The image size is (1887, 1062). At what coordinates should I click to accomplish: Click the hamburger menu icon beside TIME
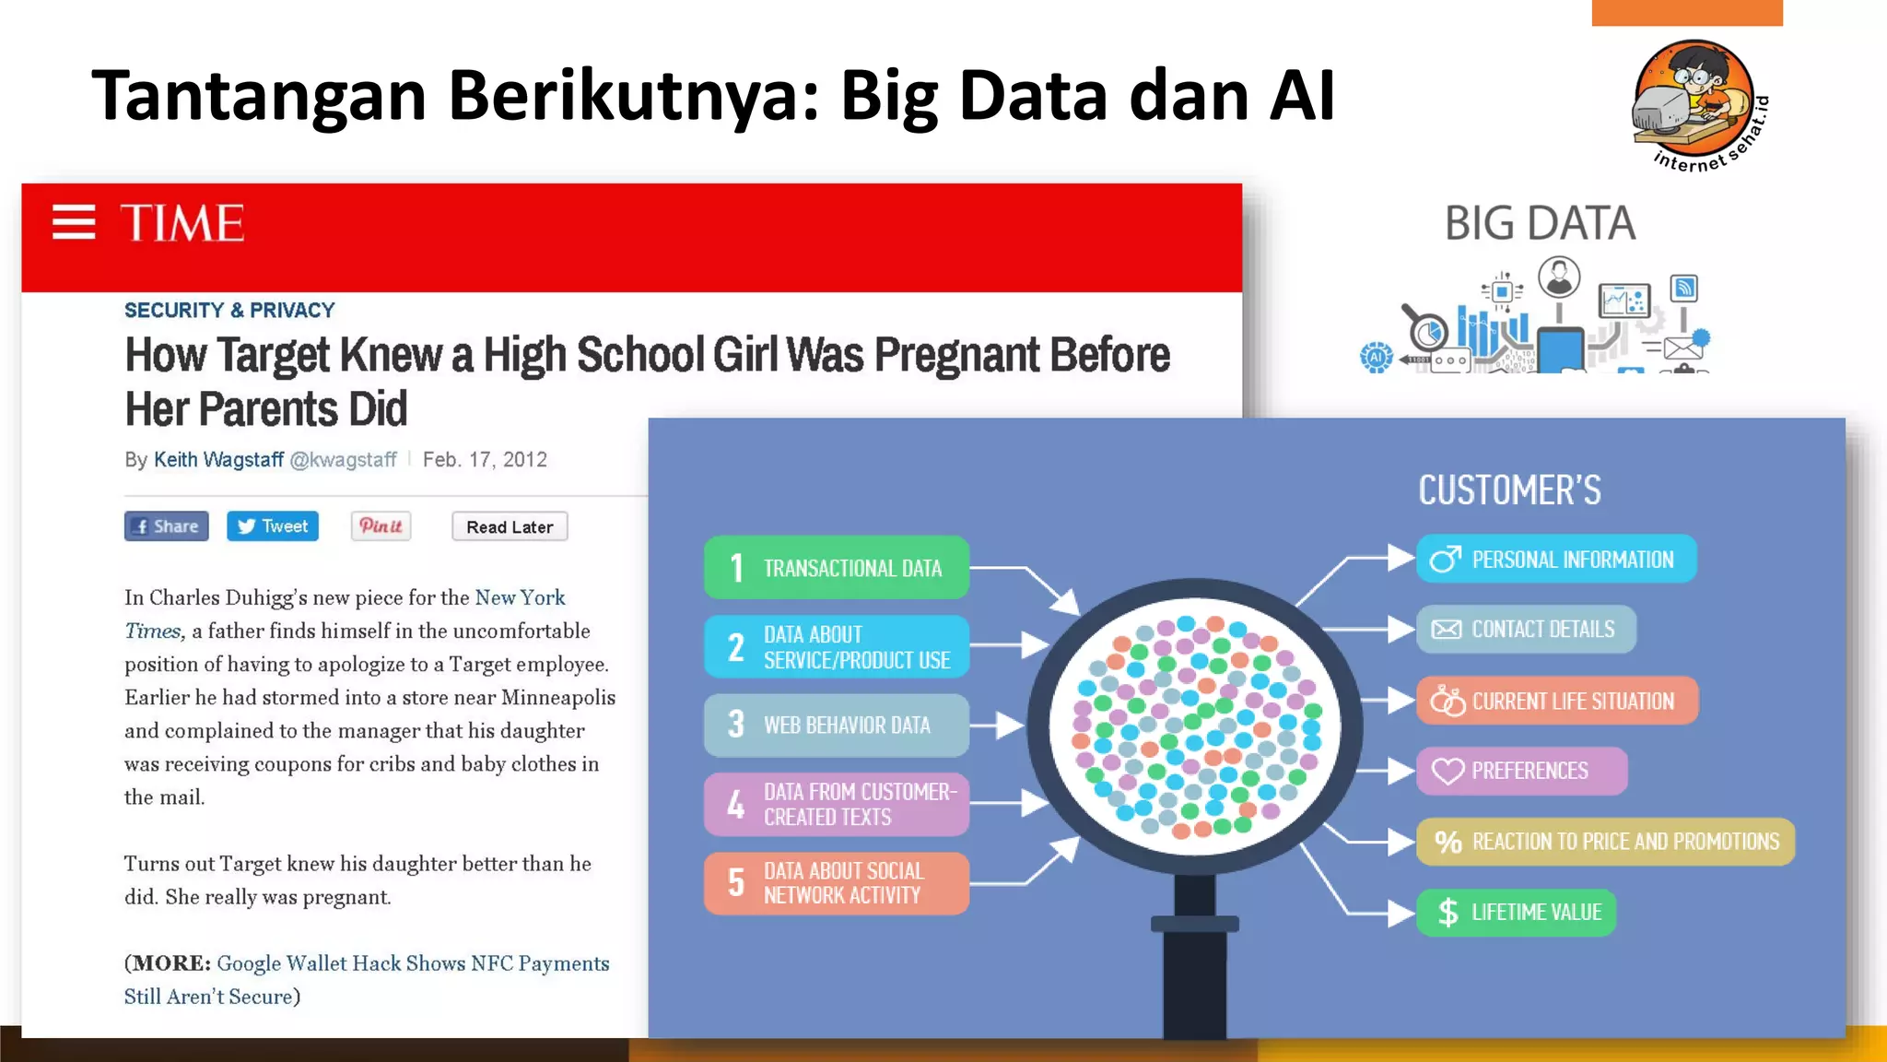click(x=74, y=222)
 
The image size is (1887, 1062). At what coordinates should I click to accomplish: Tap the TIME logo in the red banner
click(x=182, y=223)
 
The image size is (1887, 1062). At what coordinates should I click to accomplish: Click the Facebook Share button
click(x=167, y=526)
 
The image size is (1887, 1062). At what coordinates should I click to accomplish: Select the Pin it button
click(x=381, y=526)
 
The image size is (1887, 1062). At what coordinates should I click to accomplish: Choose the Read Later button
click(x=510, y=527)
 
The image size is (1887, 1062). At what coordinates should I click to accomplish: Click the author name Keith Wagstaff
click(x=218, y=460)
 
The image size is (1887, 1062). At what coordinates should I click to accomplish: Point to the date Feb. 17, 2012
click(x=485, y=460)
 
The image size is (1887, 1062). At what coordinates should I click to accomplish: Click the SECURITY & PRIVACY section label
click(x=229, y=311)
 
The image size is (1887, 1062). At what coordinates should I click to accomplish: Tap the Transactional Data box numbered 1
click(x=836, y=568)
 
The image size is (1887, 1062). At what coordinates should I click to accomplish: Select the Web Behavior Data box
click(x=836, y=726)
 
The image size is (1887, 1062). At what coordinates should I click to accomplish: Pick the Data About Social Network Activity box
click(x=836, y=883)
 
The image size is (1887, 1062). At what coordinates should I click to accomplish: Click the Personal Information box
click(x=1556, y=560)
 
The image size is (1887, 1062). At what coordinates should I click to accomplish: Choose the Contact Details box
click(x=1526, y=630)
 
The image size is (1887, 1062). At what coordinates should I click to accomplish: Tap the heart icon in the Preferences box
click(x=1447, y=771)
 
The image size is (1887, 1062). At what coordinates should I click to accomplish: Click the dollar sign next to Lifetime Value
click(x=1447, y=913)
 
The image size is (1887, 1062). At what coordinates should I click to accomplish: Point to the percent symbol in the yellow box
click(x=1447, y=842)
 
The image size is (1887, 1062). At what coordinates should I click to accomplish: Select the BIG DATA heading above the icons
click(x=1540, y=224)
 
